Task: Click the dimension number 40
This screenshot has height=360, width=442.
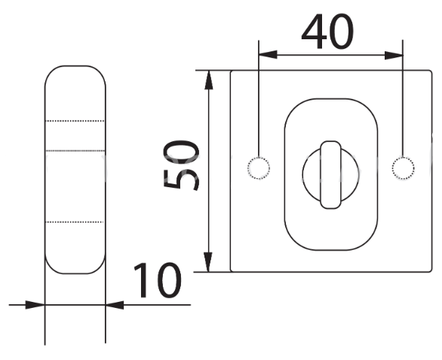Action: point(327,31)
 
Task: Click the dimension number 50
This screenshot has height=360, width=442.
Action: point(181,165)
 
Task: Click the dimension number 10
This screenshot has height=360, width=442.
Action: point(157,280)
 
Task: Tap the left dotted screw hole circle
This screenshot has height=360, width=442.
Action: point(259,168)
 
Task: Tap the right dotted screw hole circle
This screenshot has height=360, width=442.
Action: point(403,168)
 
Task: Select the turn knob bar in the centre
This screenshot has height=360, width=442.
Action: point(331,175)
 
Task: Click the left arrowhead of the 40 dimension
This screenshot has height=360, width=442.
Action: point(268,55)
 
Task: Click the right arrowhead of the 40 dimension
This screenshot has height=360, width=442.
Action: point(394,55)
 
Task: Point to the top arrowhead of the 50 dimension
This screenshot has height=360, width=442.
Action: point(209,80)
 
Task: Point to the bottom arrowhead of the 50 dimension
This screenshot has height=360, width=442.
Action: point(208,262)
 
